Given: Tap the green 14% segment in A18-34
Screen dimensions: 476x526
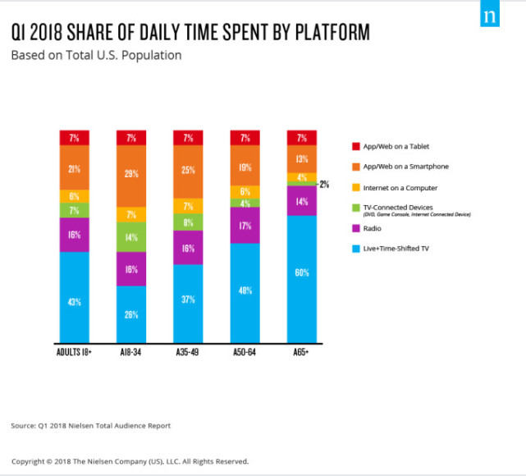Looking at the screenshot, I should tap(131, 236).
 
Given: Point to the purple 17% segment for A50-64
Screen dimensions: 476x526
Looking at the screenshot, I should tap(245, 226).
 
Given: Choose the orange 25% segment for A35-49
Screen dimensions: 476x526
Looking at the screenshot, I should tap(188, 169).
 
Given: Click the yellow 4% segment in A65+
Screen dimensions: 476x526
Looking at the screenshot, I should tap(302, 178).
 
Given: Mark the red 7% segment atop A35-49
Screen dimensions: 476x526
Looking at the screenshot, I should tap(188, 137).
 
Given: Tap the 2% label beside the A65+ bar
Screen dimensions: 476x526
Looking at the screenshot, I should tap(325, 185).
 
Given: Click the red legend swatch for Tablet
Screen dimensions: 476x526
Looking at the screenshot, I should tap(354, 146).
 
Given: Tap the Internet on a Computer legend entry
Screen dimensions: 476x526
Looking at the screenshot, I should tap(400, 188).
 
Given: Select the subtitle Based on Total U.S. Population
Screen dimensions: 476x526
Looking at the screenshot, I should tap(96, 56).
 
